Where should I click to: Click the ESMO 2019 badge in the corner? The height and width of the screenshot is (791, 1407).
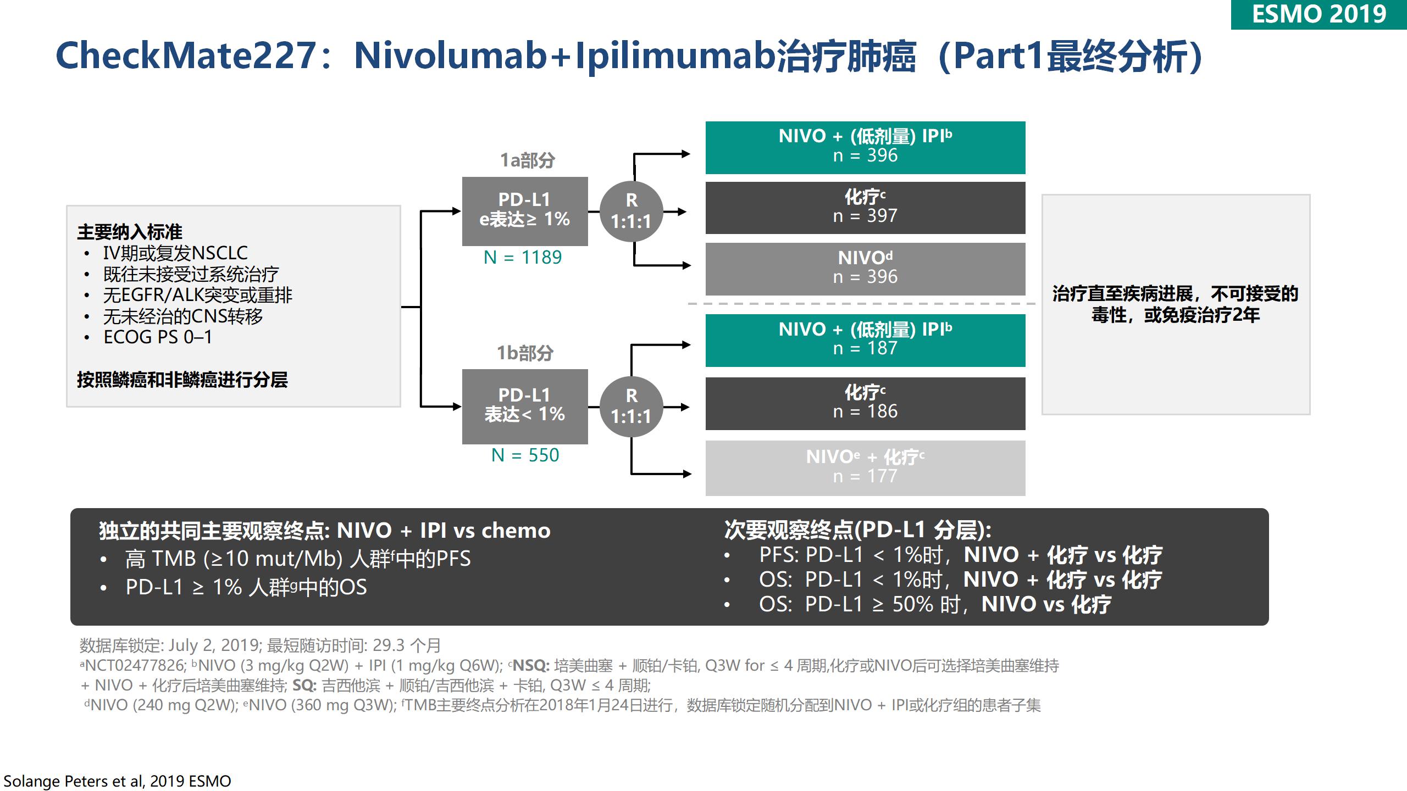coord(1319,14)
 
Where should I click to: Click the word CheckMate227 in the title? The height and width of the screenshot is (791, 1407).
coord(186,56)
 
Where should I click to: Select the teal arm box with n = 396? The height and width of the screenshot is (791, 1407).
coord(865,148)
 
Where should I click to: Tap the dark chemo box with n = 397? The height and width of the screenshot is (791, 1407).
coord(865,208)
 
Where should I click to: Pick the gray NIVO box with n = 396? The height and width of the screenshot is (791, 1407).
coord(865,269)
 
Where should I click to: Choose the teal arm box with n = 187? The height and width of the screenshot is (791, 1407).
coord(865,341)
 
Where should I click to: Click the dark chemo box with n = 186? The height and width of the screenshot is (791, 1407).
coord(865,404)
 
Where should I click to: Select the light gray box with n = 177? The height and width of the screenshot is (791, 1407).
coord(865,468)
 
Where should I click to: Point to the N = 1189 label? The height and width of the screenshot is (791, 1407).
coord(523,257)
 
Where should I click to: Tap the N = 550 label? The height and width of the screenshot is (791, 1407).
coord(525,455)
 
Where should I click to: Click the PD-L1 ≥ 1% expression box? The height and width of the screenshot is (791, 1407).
coord(525,211)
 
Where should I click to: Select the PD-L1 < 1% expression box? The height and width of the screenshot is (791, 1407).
coord(525,406)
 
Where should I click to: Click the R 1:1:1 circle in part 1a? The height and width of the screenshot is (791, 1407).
coord(631,211)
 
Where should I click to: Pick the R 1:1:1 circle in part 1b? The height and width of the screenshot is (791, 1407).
coord(631,406)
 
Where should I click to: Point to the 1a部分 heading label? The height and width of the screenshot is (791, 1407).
coord(528,160)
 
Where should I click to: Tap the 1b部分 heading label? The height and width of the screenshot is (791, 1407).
coord(525,353)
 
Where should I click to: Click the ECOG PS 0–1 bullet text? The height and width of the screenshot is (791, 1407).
coord(158,337)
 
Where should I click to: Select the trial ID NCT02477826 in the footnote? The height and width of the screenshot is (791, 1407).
coord(135,666)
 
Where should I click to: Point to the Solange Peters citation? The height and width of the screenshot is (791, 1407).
coord(117,781)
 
